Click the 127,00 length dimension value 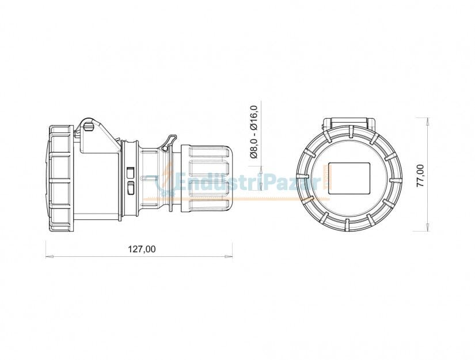coord(141,249)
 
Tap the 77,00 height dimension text coord(420,175)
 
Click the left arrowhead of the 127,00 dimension coord(48,256)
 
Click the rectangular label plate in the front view coord(348,178)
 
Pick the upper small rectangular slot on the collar coord(131,172)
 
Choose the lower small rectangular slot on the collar coord(131,188)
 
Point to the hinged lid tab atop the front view coord(349,123)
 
